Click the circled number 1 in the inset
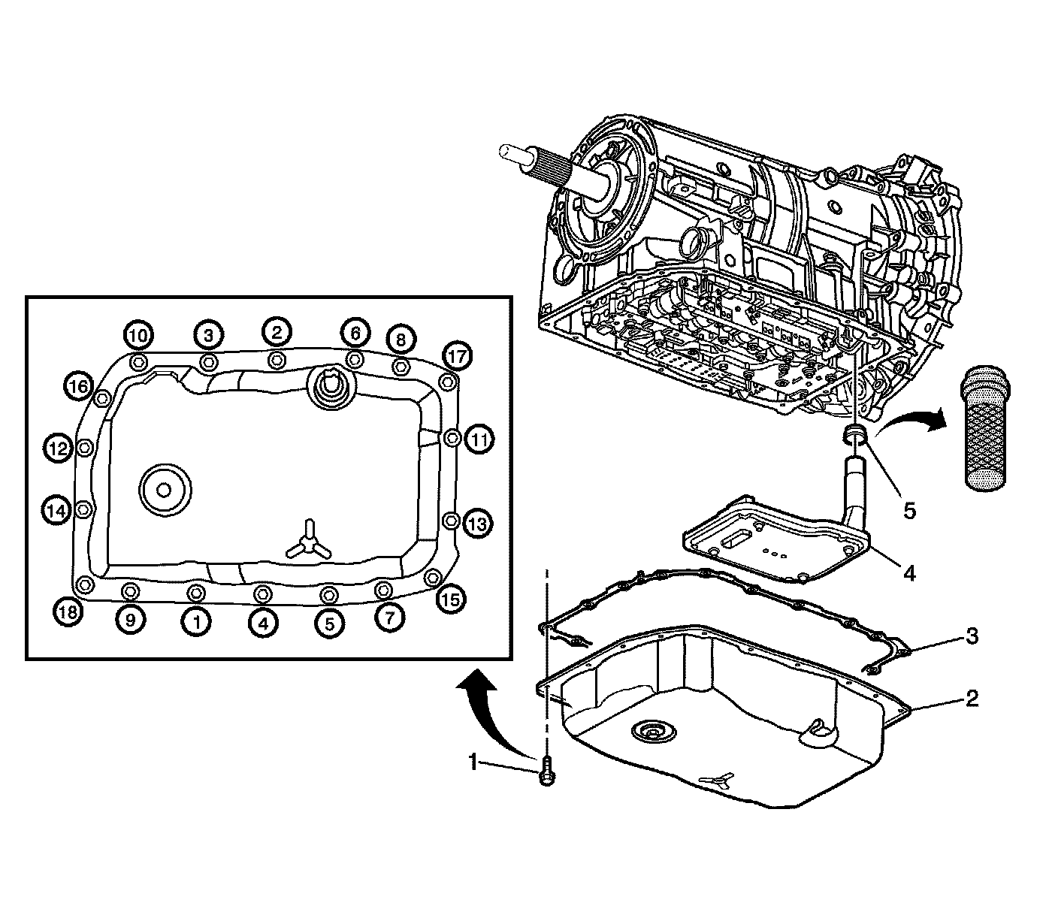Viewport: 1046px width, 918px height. point(197,621)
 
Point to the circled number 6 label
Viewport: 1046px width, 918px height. point(355,332)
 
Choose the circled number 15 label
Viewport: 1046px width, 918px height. point(452,599)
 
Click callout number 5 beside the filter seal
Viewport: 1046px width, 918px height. point(909,511)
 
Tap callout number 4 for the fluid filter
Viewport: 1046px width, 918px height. point(909,573)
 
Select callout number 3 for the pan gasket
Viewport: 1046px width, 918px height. point(972,636)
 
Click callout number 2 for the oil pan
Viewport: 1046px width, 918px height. point(972,698)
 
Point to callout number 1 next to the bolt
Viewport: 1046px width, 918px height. point(473,763)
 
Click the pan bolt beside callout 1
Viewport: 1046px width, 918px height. point(546,772)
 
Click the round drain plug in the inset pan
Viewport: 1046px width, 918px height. point(164,489)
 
